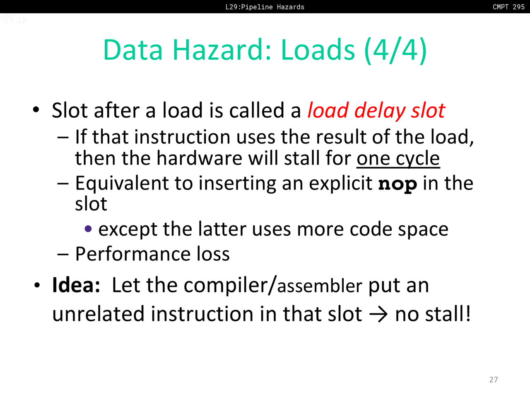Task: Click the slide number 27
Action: point(493,380)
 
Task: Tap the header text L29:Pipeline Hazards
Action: point(265,7)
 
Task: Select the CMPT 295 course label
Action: point(508,7)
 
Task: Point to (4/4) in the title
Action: point(395,50)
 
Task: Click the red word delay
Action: point(380,110)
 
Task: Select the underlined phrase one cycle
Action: point(398,158)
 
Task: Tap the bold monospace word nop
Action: point(397,184)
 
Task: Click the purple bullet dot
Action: point(88,228)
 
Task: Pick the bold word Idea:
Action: point(76,285)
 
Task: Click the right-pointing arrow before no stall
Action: point(378,314)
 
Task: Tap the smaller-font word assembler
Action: point(320,286)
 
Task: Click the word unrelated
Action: point(99,314)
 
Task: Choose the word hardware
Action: point(199,158)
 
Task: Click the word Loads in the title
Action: point(318,50)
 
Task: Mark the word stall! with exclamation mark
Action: point(448,314)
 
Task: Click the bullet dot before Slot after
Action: point(36,110)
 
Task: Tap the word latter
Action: point(222,229)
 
